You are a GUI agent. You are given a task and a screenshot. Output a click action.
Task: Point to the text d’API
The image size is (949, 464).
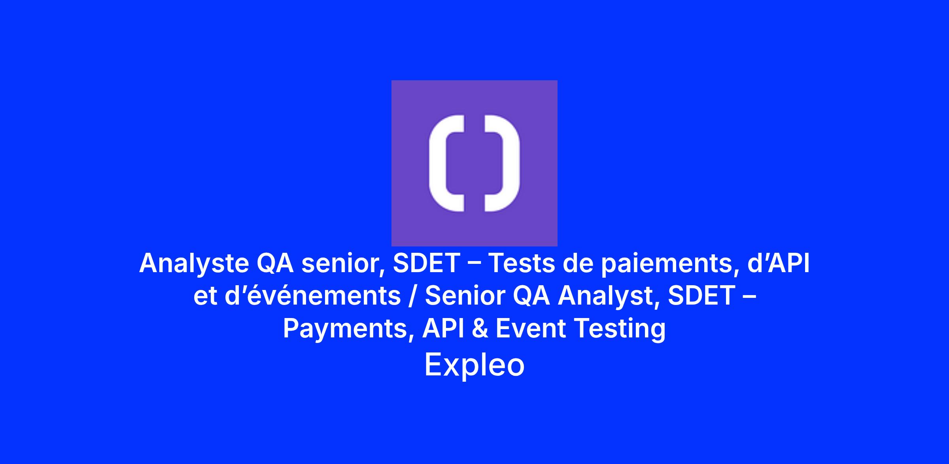[x=778, y=263]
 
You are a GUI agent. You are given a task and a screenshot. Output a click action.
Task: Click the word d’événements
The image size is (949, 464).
[x=313, y=296]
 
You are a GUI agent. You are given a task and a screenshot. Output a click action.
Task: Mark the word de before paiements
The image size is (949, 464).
[x=578, y=263]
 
